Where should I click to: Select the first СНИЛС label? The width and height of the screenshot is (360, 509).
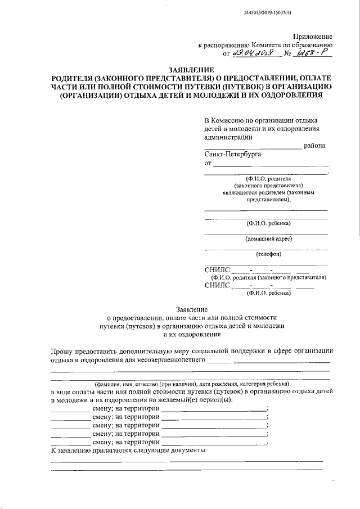(x=217, y=270)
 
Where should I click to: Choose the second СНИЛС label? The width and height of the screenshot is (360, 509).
(x=217, y=285)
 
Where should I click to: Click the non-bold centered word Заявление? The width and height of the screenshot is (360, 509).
(x=192, y=309)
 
